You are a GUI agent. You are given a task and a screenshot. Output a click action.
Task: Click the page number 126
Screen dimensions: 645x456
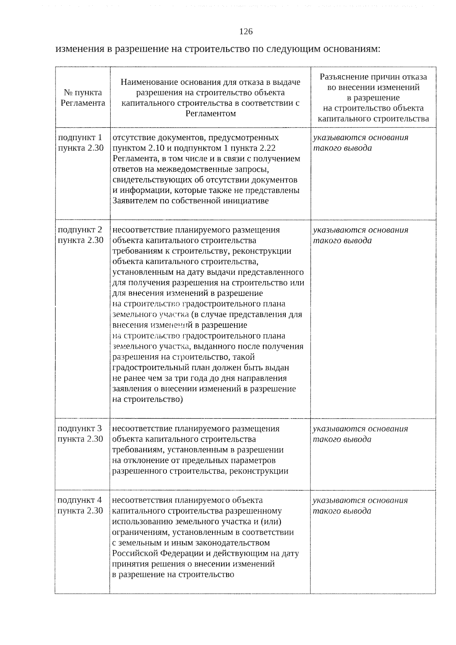(x=246, y=32)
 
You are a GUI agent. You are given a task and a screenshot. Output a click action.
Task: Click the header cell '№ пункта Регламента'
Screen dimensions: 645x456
(x=82, y=98)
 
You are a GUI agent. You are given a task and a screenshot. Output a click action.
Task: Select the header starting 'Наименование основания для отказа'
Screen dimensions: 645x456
(x=210, y=98)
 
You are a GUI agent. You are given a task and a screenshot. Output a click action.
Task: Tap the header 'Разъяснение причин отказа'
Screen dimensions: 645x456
(x=373, y=98)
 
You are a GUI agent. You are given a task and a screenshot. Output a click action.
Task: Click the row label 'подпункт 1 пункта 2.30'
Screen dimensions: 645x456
(x=80, y=143)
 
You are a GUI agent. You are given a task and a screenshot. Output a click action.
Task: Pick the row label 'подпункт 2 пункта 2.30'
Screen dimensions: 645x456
(x=80, y=235)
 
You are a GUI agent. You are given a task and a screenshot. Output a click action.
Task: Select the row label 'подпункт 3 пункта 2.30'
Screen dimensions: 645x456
(x=80, y=434)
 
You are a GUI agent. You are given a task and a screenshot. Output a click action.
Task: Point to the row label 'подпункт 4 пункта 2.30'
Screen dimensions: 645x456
(x=80, y=505)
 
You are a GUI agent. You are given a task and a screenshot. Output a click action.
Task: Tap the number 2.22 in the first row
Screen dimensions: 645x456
(x=266, y=148)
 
